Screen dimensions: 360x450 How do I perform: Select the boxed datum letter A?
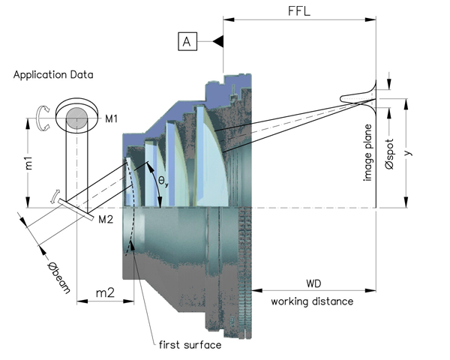188,42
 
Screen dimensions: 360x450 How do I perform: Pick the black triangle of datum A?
218,42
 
